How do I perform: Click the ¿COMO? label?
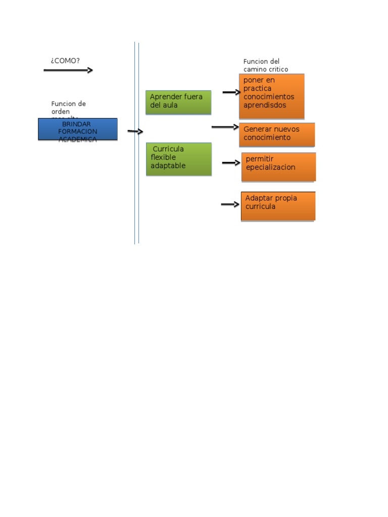coord(65,61)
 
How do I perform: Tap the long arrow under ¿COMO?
coord(68,70)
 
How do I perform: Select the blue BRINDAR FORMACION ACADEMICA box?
coord(78,129)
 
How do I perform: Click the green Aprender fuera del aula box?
coord(178,102)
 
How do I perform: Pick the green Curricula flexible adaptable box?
coord(179,159)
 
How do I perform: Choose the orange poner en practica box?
coord(272,96)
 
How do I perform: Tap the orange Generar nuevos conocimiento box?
coord(277,134)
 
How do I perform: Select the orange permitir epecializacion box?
coord(278,167)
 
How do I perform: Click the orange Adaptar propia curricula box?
coord(278,206)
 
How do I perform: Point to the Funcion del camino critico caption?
coord(266,65)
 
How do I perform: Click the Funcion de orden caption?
coord(69,108)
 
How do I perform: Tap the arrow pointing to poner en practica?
coord(231,92)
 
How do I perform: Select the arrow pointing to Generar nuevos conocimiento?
coord(224,127)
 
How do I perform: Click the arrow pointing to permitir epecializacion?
coord(231,163)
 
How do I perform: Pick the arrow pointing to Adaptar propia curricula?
coord(230,204)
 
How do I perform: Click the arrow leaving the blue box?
coord(135,131)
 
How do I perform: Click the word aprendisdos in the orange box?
coord(265,105)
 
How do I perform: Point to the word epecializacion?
coord(270,167)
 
